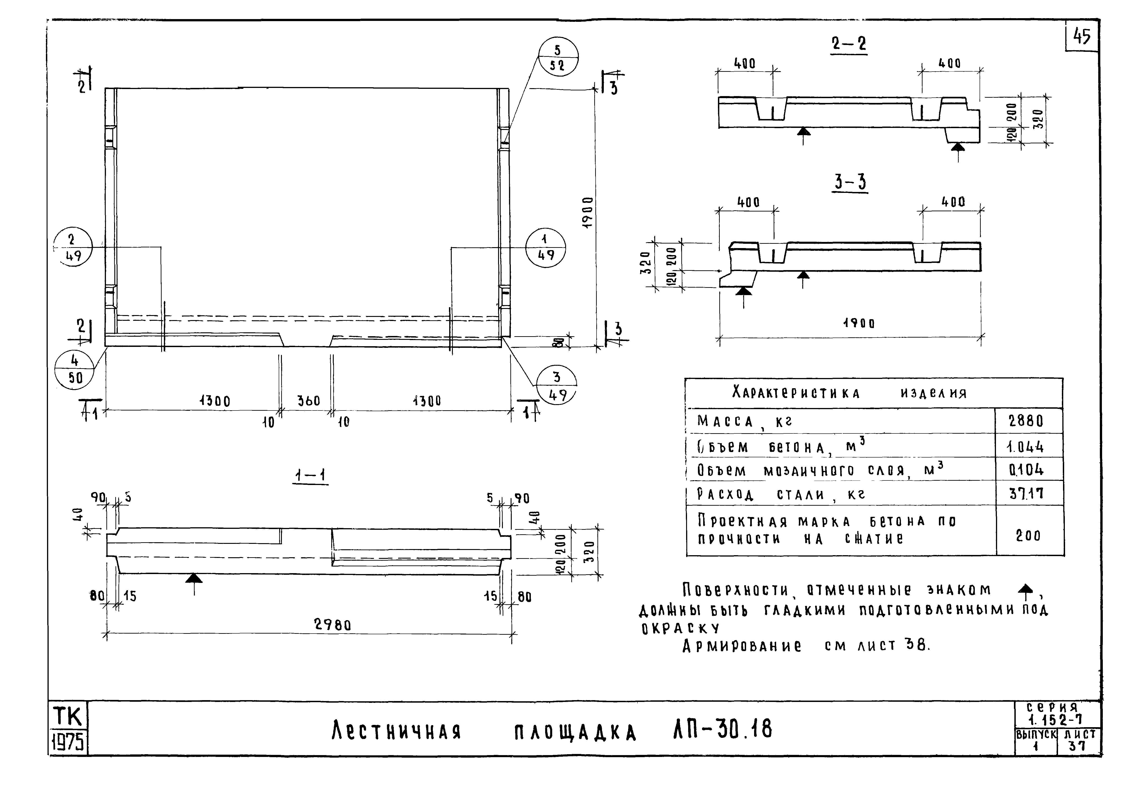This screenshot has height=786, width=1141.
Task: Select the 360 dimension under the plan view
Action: pos(308,401)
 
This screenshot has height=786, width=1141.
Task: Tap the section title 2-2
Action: pos(849,44)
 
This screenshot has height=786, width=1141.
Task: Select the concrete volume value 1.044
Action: pos(1025,447)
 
